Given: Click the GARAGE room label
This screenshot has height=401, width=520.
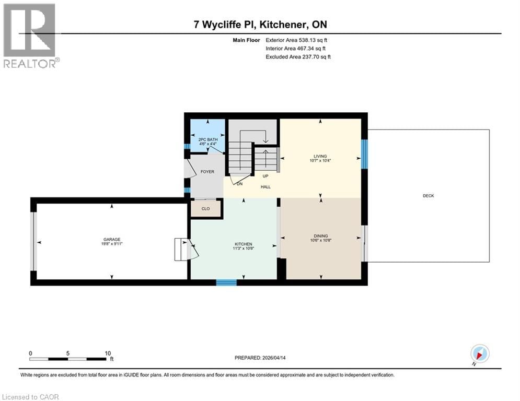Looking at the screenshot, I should click(112, 240).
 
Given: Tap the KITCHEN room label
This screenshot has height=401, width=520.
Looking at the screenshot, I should click(244, 244).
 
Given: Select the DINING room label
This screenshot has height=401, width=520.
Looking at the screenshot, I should click(321, 236).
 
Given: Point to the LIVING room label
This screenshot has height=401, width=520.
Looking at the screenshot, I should click(320, 156).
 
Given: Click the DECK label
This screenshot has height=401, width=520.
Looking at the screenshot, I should click(429, 196).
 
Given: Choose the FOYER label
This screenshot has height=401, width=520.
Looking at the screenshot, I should click(207, 171).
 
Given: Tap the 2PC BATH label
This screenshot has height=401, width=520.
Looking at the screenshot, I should click(207, 139).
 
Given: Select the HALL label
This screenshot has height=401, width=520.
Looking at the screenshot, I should click(265, 186).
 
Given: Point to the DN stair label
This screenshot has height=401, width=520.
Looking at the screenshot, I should click(240, 184).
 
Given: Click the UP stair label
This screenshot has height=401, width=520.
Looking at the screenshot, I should click(265, 176).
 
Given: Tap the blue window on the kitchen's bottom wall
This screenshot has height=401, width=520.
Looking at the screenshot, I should click(226, 282).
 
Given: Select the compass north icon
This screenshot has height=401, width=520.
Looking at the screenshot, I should click(479, 353).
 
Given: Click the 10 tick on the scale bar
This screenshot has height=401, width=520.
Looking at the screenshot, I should click(107, 353).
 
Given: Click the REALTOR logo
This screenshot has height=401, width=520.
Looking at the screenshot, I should click(30, 35).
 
